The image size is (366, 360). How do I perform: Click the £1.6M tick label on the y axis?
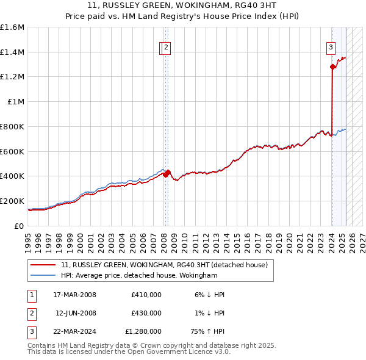[12, 27]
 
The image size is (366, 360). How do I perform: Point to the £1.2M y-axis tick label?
[12, 77]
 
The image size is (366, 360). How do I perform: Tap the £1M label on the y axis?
[16, 102]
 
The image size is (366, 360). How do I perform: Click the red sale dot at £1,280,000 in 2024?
[332, 67]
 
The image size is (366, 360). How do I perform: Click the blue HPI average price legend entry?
[139, 276]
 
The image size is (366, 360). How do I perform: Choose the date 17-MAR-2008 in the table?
[75, 295]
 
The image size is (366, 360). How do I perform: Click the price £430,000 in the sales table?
[146, 313]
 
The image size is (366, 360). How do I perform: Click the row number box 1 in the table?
[30, 295]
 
